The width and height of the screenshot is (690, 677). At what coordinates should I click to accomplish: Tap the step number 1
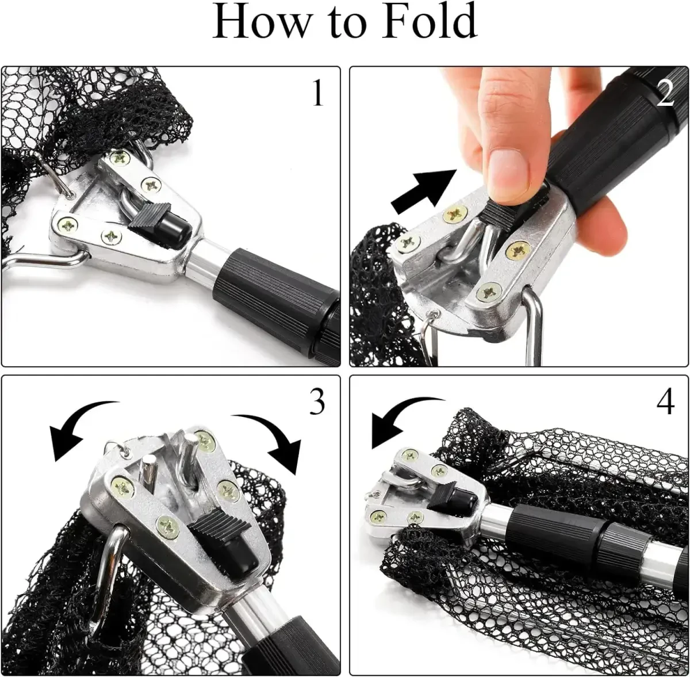point(318,93)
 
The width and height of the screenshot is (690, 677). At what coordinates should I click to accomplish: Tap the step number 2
point(665,93)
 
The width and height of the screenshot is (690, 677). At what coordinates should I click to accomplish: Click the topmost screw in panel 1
point(121,158)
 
